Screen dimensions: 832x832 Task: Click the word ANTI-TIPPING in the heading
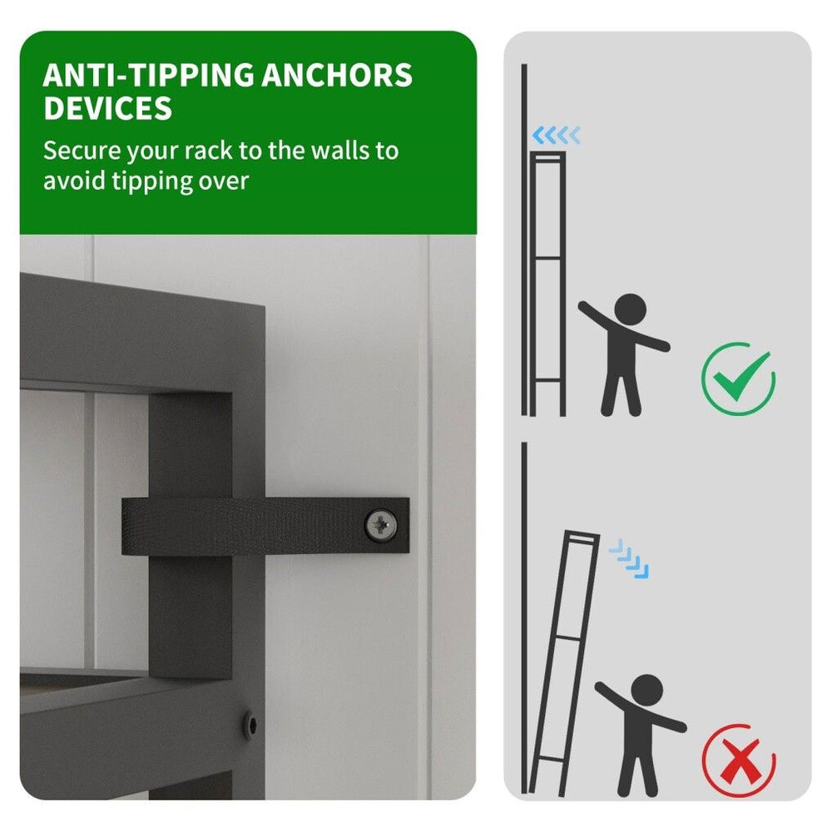[x=148, y=75]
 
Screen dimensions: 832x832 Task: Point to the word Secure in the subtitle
[x=82, y=151]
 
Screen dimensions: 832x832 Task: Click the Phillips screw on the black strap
[x=381, y=525]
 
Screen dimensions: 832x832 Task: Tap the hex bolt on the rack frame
[x=251, y=726]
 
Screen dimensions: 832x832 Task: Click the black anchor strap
[x=265, y=526]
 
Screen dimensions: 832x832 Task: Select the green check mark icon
[x=739, y=379]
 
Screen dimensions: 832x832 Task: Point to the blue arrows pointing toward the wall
[x=556, y=136]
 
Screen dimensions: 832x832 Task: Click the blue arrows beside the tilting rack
[x=629, y=559]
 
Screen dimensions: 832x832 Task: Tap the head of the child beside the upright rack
[x=630, y=310]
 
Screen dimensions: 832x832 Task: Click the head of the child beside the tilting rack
[x=646, y=691]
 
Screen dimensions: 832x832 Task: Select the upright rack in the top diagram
[x=548, y=284]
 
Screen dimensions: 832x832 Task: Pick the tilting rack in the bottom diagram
[x=563, y=663]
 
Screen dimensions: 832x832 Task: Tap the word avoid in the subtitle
[x=74, y=181]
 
